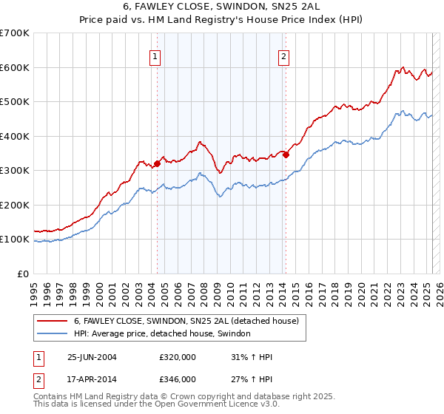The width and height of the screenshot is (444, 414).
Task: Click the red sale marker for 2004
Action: point(157,163)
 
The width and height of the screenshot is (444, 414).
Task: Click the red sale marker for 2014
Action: point(285,155)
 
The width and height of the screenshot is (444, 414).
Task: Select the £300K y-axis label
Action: point(15,170)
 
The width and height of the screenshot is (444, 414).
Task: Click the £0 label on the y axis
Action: point(23,274)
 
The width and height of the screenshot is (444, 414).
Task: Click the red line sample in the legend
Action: point(53,321)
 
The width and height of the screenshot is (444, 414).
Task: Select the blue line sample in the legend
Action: point(53,333)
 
